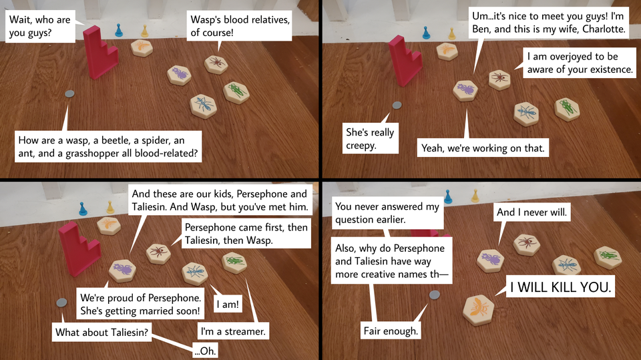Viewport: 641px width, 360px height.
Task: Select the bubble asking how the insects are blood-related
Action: (111, 147)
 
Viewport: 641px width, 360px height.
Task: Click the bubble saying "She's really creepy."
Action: (369, 138)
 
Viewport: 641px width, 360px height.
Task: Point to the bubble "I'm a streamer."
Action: (233, 331)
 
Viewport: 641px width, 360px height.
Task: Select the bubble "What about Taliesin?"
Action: (101, 332)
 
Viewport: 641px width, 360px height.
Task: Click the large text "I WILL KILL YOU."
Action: (560, 289)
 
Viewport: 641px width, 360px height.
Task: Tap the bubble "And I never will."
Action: (531, 213)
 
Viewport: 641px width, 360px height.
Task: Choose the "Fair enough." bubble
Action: (391, 330)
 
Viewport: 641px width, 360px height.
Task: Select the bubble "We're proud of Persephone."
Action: (140, 303)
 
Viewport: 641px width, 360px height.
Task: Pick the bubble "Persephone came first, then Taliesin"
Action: (246, 233)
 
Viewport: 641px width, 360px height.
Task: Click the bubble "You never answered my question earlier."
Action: (387, 213)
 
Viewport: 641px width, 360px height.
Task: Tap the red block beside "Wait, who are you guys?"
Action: (99, 50)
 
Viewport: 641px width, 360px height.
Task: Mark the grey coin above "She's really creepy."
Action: (397, 105)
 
